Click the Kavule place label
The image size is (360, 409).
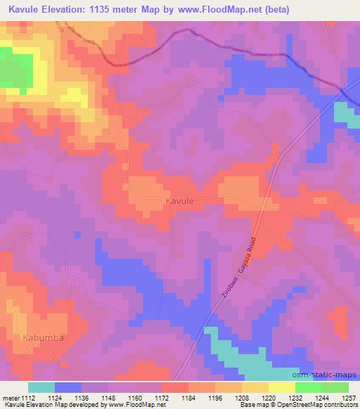click(x=179, y=200)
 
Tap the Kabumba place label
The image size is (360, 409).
click(x=43, y=337)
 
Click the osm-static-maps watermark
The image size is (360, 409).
click(x=330, y=375)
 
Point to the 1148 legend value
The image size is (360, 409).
click(x=109, y=397)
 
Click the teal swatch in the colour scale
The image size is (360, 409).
click(x=41, y=387)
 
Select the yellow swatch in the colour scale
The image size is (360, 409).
click(x=282, y=387)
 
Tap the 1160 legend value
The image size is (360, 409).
click(x=136, y=397)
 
